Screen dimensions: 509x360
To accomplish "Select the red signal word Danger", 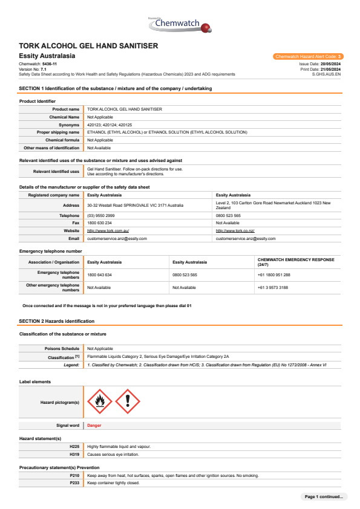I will click(x=94, y=426).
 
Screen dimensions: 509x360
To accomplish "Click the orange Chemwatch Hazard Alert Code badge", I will click(x=308, y=56).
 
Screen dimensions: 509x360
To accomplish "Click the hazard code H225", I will click(x=74, y=447).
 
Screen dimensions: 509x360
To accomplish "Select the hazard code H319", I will click(x=74, y=453).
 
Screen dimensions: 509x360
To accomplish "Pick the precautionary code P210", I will click(x=74, y=476).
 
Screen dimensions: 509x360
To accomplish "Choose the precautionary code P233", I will click(x=74, y=483).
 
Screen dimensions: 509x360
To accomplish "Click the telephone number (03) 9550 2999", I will click(x=101, y=215).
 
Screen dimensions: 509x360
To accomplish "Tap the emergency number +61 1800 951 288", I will click(x=274, y=275).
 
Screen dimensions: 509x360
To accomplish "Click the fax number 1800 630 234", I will click(x=100, y=223).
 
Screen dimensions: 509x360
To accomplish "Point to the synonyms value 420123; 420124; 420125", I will click(x=110, y=125).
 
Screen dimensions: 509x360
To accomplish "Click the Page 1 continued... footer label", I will click(x=324, y=496).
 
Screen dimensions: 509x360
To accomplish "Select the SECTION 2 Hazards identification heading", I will click(x=57, y=320).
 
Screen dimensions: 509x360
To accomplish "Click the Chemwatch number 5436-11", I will click(x=50, y=63).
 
